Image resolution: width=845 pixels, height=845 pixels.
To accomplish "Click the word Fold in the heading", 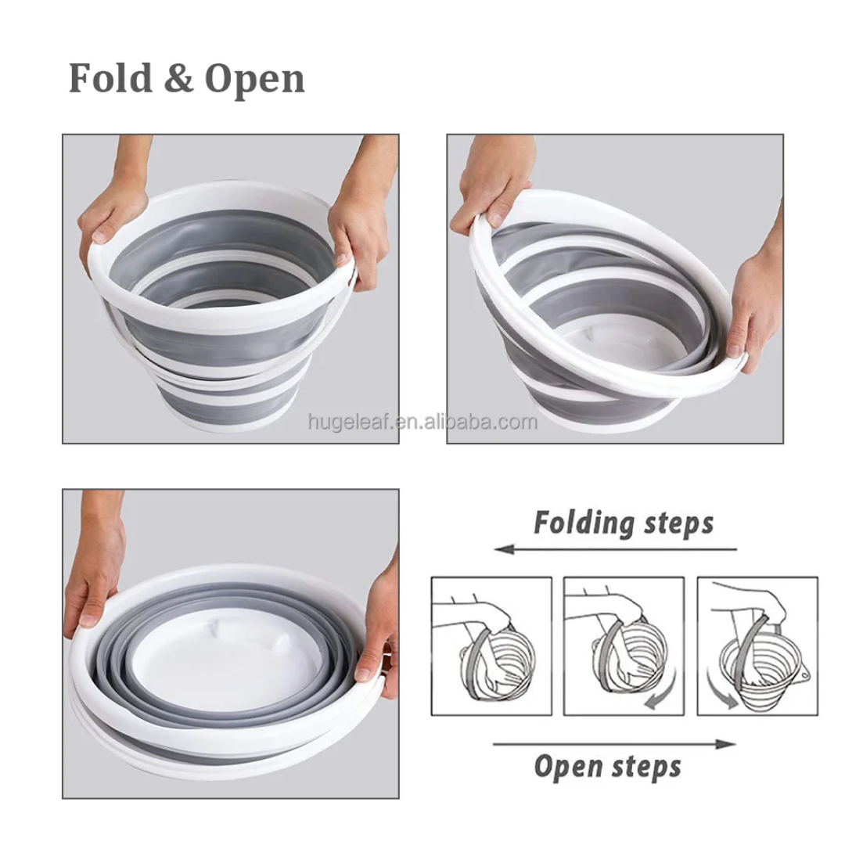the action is [110, 78].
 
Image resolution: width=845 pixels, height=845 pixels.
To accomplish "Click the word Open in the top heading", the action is [255, 81].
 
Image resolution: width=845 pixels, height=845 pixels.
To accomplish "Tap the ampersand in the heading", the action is [178, 79].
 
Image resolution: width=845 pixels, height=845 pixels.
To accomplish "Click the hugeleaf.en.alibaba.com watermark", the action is [422, 422].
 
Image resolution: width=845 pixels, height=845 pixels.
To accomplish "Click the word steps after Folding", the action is [671, 523].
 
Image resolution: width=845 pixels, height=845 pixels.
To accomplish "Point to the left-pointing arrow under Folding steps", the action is [616, 550].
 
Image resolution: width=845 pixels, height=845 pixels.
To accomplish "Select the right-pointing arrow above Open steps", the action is [614, 744].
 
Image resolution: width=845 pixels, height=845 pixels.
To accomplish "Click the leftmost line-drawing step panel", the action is [491, 646].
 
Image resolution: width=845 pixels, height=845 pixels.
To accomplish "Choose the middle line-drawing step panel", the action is [624, 646].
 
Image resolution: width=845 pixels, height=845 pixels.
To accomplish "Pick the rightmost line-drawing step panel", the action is [757, 646].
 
